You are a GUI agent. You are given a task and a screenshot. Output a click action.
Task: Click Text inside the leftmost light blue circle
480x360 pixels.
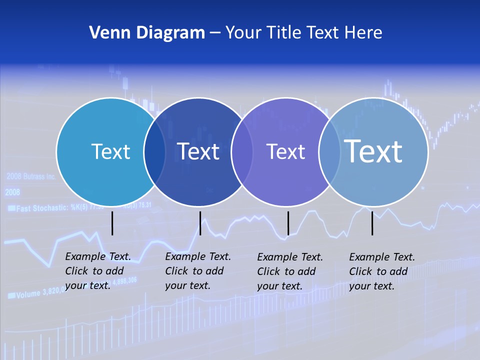110,151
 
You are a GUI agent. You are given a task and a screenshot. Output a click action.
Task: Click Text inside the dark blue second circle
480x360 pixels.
198,151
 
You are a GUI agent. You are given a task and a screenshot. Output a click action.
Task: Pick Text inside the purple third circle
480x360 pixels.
285,151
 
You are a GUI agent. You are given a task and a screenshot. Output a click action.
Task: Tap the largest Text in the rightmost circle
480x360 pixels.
373,151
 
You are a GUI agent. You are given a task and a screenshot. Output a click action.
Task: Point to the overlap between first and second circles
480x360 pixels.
154,151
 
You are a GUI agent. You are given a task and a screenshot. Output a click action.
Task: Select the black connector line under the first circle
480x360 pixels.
112,223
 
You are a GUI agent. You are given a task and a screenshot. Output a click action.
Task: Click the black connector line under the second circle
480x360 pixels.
200,223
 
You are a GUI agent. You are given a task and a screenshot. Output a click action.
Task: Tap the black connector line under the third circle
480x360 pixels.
288,223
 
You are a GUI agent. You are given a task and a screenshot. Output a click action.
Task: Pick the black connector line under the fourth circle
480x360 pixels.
372,223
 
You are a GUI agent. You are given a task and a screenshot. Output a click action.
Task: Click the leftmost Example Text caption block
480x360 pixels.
98,270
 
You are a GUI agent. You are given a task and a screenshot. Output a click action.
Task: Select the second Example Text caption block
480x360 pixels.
198,270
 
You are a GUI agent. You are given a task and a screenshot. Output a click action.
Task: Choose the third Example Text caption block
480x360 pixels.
290,271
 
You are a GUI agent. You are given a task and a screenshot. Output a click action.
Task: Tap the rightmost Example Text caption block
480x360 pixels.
382,271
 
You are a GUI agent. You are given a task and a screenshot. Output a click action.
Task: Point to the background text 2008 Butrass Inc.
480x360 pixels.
31,176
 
